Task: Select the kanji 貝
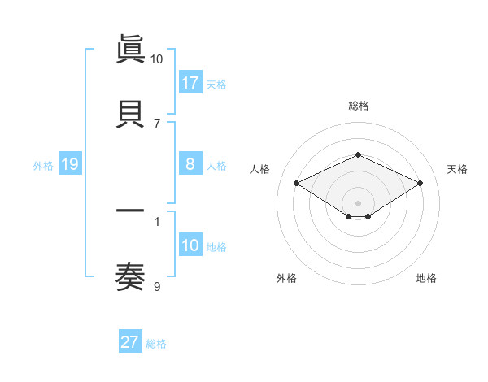tap(130, 114)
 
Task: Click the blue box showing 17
tap(190, 83)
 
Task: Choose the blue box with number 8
tap(190, 165)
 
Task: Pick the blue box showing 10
tap(190, 245)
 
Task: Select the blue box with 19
tap(69, 165)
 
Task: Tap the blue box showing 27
tap(130, 342)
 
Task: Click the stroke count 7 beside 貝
tap(157, 124)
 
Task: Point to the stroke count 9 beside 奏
tap(157, 286)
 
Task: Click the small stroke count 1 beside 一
tap(157, 221)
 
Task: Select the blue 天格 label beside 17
tap(216, 84)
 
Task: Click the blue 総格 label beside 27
tap(156, 343)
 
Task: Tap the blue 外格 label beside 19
tap(43, 166)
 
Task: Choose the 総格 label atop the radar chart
tap(358, 106)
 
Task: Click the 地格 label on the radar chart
tap(426, 278)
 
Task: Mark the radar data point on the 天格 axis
tap(420, 184)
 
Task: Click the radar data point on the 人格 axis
tap(297, 184)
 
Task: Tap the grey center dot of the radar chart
tap(358, 202)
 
